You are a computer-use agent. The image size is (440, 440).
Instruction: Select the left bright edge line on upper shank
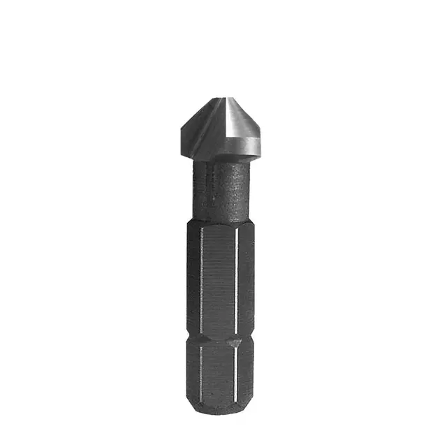click(201, 279)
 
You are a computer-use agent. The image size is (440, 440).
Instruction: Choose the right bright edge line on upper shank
click(237, 279)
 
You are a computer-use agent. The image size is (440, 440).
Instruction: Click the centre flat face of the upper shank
click(219, 279)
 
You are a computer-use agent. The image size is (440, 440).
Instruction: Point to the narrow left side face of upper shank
click(193, 279)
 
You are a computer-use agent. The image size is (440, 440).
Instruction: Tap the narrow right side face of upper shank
click(245, 279)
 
